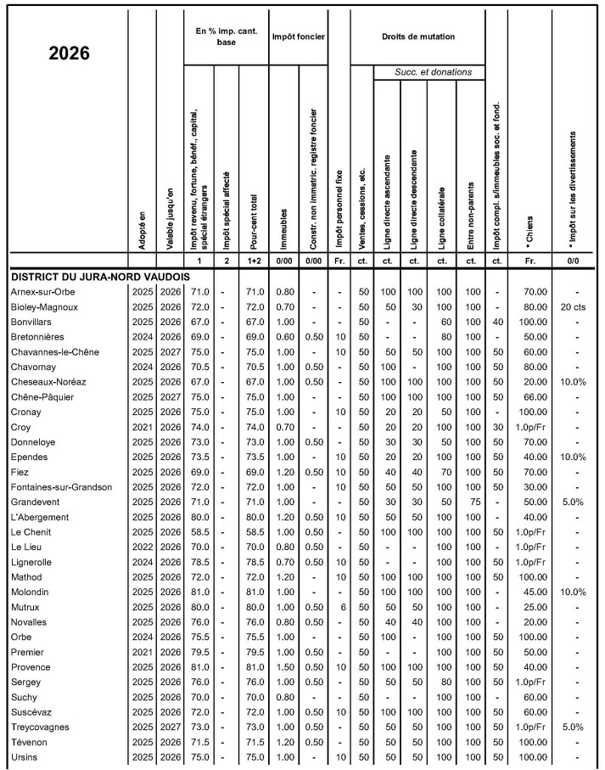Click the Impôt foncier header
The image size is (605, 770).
click(x=298, y=37)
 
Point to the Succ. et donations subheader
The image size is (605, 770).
click(x=433, y=72)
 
